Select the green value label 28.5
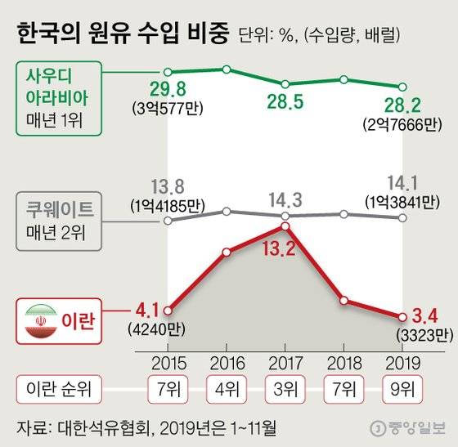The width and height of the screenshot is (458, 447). pyautogui.click(x=284, y=104)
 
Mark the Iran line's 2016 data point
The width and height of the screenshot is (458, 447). pyautogui.click(x=226, y=252)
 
